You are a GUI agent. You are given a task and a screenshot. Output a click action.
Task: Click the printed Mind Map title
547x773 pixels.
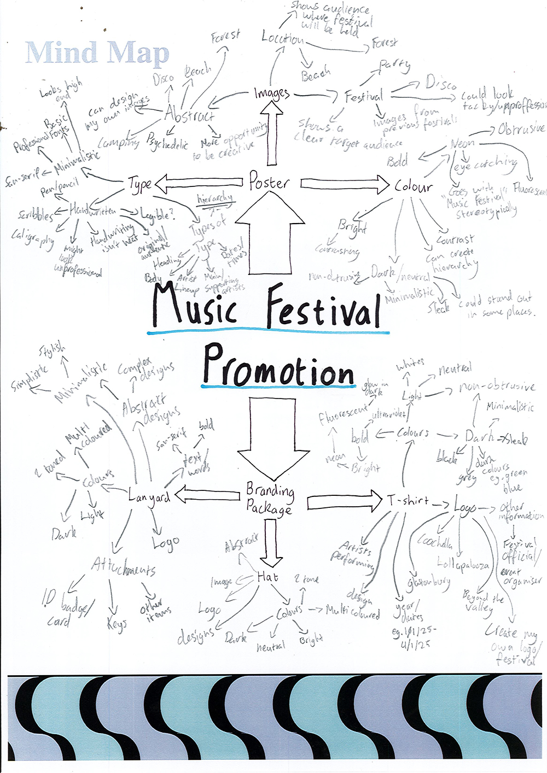[97, 53]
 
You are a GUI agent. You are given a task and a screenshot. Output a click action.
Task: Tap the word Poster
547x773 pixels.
[269, 181]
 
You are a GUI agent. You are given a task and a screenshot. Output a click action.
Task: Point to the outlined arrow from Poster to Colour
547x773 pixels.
[345, 184]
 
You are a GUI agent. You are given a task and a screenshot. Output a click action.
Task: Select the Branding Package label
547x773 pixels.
[269, 498]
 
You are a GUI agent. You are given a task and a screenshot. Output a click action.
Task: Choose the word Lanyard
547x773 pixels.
[149, 497]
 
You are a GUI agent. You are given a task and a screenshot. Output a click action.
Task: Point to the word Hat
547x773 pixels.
[267, 577]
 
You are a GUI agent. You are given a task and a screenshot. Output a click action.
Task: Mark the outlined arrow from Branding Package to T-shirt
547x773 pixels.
[345, 500]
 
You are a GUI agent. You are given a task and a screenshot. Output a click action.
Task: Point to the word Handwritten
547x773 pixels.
[92, 209]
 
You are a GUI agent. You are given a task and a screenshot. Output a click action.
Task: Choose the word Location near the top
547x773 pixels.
[282, 38]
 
